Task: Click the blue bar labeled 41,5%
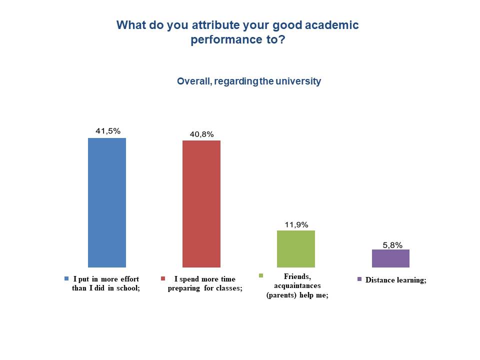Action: click(107, 202)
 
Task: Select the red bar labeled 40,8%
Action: click(201, 204)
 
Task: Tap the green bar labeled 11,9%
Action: click(296, 249)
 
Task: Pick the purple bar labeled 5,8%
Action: click(390, 258)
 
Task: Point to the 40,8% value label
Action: click(201, 134)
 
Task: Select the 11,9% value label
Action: click(296, 224)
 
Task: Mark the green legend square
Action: click(260, 275)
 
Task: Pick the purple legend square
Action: click(359, 279)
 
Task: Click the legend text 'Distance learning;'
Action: click(395, 280)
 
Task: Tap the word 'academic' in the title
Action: click(334, 25)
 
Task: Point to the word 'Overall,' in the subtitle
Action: click(193, 81)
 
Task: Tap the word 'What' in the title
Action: click(131, 25)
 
